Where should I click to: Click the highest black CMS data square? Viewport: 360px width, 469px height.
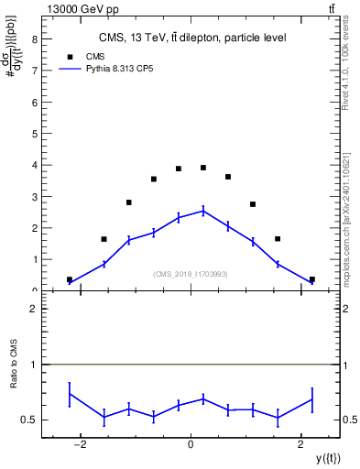click(x=203, y=168)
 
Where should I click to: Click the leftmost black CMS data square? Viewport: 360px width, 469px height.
click(x=70, y=279)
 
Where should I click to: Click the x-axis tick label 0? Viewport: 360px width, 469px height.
click(x=191, y=443)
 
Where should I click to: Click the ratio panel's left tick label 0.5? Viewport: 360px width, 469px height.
click(x=28, y=420)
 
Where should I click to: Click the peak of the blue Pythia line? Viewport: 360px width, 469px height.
click(x=203, y=210)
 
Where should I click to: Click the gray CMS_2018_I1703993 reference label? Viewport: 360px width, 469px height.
click(x=191, y=274)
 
